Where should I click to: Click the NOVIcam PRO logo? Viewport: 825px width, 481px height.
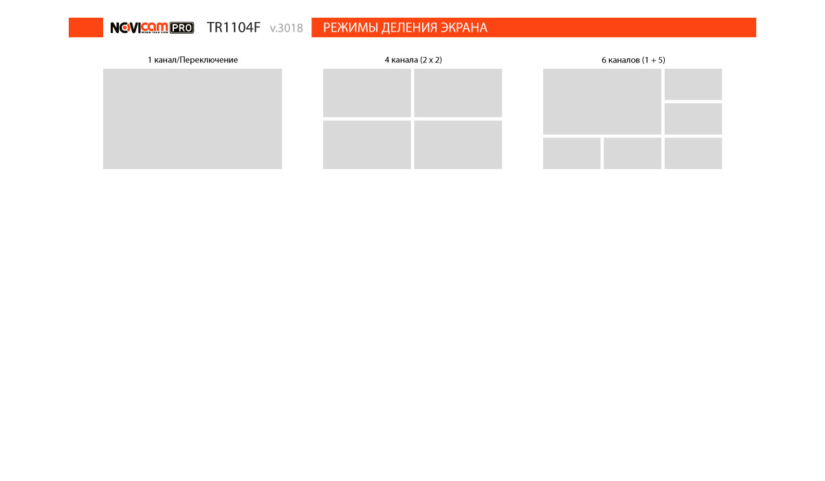pos(152,27)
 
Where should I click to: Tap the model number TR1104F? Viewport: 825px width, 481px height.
pos(234,27)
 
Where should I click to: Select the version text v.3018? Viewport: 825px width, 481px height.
pos(286,28)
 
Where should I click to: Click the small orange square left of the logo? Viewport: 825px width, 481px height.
pos(86,27)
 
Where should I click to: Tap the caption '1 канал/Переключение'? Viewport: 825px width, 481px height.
pos(192,60)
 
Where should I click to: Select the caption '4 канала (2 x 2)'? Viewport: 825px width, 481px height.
pos(413,60)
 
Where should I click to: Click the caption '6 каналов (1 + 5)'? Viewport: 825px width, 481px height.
pos(633,60)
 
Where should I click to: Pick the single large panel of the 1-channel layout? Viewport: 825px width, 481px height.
pos(192,119)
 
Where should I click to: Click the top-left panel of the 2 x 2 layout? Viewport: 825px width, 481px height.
pos(367,93)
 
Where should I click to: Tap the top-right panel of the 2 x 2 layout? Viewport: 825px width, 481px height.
pos(458,93)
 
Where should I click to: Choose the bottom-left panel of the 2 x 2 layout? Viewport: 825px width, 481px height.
pos(367,144)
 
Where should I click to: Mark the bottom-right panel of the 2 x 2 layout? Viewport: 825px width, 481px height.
pos(458,144)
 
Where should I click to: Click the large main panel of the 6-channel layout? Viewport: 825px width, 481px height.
pos(602,102)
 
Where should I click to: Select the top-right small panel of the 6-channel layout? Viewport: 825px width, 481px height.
pos(693,85)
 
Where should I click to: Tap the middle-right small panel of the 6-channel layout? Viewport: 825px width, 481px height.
pos(693,119)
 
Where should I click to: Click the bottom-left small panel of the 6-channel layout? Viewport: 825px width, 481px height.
pos(571,153)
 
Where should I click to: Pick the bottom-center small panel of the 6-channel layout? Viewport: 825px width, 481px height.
pos(632,153)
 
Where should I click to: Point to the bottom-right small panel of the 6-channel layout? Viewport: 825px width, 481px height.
pos(693,153)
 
